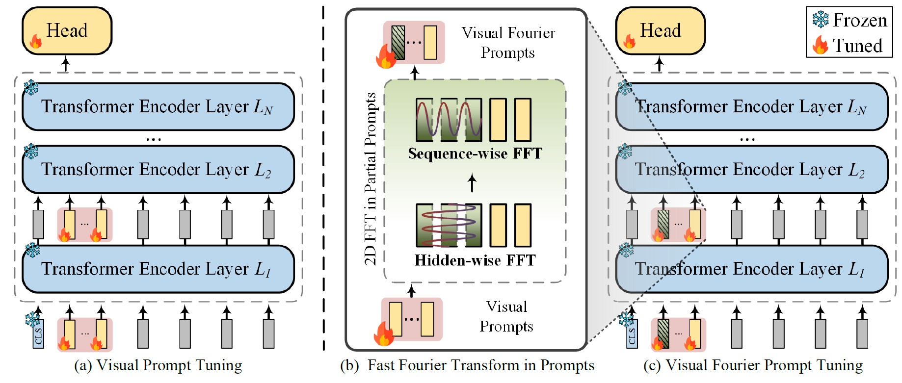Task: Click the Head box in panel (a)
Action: pos(67,30)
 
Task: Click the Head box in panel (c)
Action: pos(660,30)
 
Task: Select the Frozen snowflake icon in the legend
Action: pos(820,20)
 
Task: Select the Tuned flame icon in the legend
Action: pos(820,45)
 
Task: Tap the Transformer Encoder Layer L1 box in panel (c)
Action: pos(751,269)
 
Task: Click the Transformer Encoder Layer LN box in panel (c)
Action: pos(751,106)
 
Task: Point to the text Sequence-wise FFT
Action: pos(475,153)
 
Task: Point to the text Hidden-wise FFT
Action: pos(475,260)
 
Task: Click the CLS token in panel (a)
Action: pos(39,334)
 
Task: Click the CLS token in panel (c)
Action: pos(632,334)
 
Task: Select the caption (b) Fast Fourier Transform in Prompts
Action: pos(467,365)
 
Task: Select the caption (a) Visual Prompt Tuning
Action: pos(158,365)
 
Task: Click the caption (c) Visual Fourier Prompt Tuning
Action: pos(752,365)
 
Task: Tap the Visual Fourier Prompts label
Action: pos(508,43)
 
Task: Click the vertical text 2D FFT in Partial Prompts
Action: pos(371,179)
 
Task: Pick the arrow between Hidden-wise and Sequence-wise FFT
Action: pos(472,183)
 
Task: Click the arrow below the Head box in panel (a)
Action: pos(66,64)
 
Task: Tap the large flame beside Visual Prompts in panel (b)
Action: pos(383,334)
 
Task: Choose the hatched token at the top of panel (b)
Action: pos(398,43)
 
